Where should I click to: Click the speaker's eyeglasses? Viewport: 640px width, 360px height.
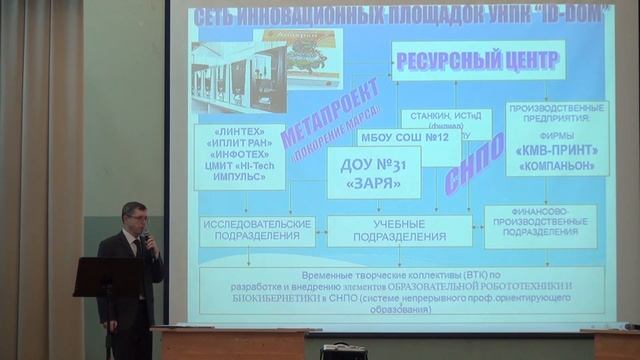click(x=134, y=214)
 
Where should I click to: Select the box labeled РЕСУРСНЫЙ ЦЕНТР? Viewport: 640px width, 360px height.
click(x=478, y=59)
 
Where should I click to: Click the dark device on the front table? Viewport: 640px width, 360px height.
click(x=343, y=351)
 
